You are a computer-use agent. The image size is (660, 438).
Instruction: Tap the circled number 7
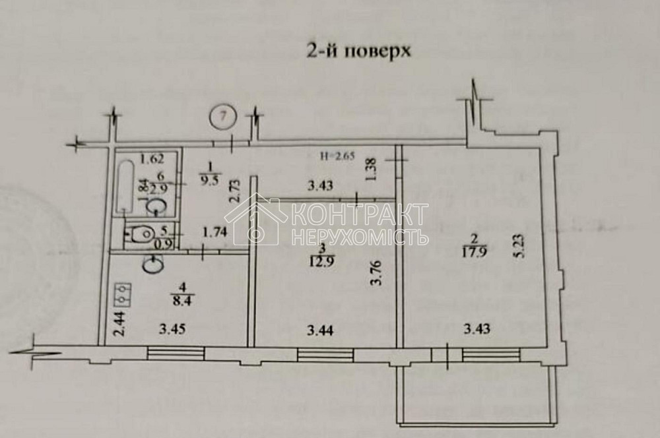click(x=224, y=117)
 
